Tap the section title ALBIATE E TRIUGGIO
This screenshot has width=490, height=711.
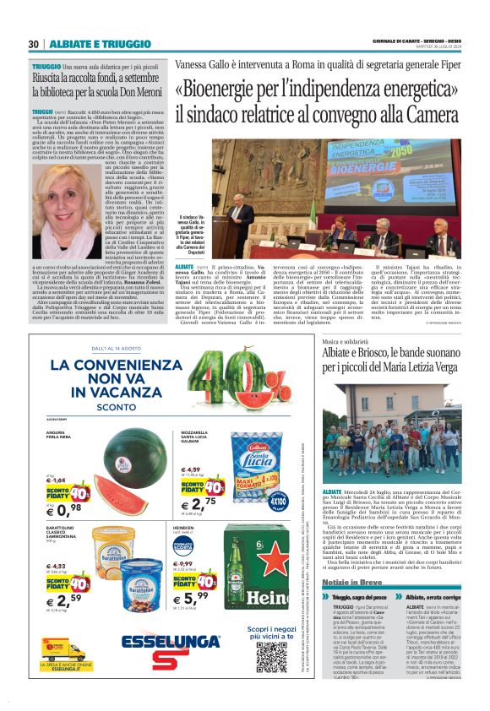point(88,44)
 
